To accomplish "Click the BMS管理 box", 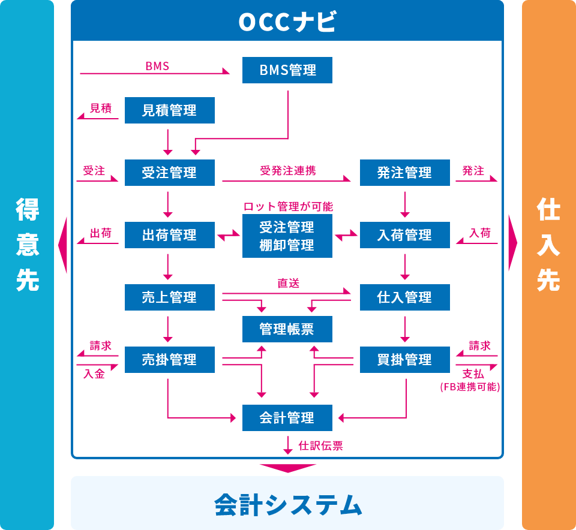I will [287, 70].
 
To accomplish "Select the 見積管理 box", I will [169, 110].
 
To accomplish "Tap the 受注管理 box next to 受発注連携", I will [169, 173].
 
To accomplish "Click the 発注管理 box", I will [404, 173].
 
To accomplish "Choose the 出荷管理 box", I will [169, 235].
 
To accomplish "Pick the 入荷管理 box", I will [404, 235].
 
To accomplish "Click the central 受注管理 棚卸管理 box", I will [287, 236].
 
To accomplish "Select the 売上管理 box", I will [169, 297].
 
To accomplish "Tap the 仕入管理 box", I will [404, 297].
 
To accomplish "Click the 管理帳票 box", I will [287, 329].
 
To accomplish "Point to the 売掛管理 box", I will [169, 360].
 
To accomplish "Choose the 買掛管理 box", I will [404, 360].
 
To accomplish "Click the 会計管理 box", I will [287, 417].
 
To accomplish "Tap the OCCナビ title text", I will [287, 22].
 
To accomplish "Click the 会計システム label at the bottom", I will [288, 504].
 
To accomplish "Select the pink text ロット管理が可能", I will [288, 206].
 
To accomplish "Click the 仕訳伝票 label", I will [320, 445].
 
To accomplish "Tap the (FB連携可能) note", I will [470, 387].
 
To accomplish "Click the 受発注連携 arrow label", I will [288, 171].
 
